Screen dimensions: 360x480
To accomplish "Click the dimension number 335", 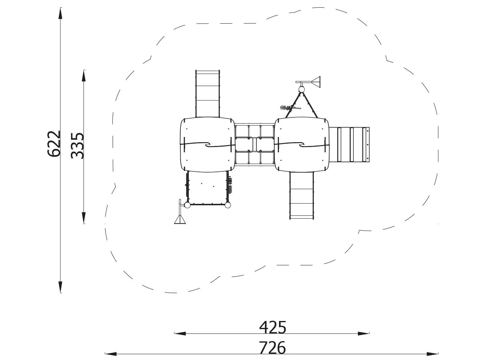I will [x=78, y=145].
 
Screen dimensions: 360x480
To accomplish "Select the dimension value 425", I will [x=273, y=327].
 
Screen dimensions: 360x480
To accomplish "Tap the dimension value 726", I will [x=272, y=348].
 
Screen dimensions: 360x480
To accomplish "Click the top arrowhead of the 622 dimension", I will [x=61, y=13].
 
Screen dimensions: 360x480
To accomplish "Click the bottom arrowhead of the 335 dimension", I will [x=84, y=217].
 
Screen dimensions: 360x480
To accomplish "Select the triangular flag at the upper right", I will [x=316, y=82].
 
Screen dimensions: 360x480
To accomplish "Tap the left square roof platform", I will [x=207, y=145].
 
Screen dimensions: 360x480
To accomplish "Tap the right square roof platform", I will [x=302, y=145].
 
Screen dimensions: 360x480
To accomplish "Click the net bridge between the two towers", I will [x=254, y=145].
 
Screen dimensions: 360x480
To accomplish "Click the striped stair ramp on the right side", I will [x=349, y=145].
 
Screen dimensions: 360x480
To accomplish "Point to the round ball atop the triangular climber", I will [x=301, y=89].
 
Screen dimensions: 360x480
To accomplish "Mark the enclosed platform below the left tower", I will [x=207, y=188].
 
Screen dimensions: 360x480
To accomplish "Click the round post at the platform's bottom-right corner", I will [x=228, y=205].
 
